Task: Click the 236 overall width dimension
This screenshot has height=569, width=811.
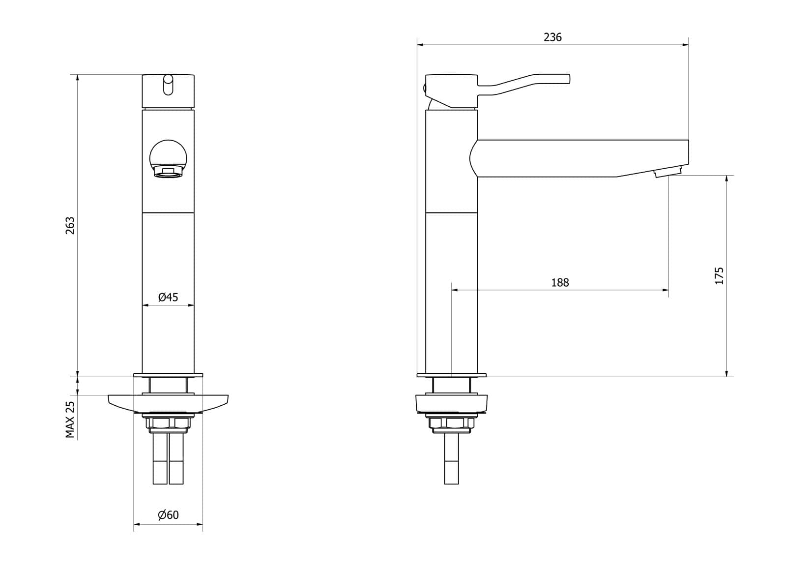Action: (x=552, y=37)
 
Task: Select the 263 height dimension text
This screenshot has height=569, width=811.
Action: (x=70, y=225)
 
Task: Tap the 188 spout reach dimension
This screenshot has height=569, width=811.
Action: (x=560, y=283)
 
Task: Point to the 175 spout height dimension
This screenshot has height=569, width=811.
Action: (x=719, y=275)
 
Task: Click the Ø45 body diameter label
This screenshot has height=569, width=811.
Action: (x=168, y=298)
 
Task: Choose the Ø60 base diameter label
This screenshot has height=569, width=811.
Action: (x=168, y=515)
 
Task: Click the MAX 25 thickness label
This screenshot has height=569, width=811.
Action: (x=70, y=419)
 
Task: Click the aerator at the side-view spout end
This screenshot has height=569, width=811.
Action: (x=667, y=172)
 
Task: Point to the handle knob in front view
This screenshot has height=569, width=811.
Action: (x=168, y=85)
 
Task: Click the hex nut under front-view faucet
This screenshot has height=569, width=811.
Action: (x=168, y=423)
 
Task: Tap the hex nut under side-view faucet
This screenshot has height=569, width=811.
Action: (x=451, y=423)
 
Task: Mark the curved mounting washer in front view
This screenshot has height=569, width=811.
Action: (x=168, y=403)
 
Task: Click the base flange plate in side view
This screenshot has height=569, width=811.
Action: (x=451, y=375)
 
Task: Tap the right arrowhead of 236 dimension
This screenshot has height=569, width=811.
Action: (x=686, y=45)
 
